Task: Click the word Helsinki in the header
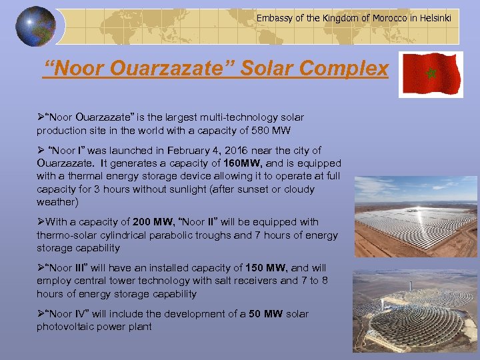pos(434,18)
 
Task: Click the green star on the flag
pos(430,73)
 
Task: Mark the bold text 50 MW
pos(265,314)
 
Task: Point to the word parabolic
pos(196,235)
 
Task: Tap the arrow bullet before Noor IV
pos(41,314)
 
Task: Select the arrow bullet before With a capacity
pos(41,222)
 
